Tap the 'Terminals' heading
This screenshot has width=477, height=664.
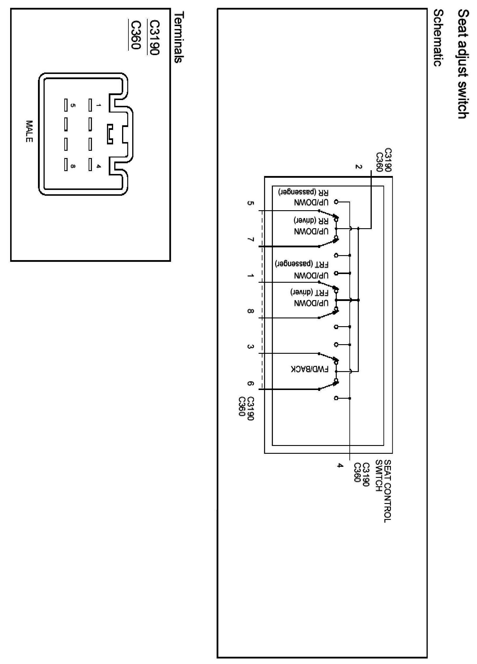pos(178,37)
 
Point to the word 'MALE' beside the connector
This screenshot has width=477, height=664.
pos(29,131)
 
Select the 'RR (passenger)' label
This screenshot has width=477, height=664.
pos(303,192)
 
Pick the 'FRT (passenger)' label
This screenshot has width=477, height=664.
pos(302,264)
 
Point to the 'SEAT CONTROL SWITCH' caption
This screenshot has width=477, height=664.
pos(383,491)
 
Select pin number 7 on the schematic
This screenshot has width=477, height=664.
pos(250,240)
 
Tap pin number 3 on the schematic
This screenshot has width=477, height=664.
pos(250,346)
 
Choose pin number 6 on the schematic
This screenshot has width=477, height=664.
pos(250,384)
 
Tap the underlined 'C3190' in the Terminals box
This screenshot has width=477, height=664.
pos(154,37)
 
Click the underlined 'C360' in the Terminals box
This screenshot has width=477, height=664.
pos(136,35)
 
